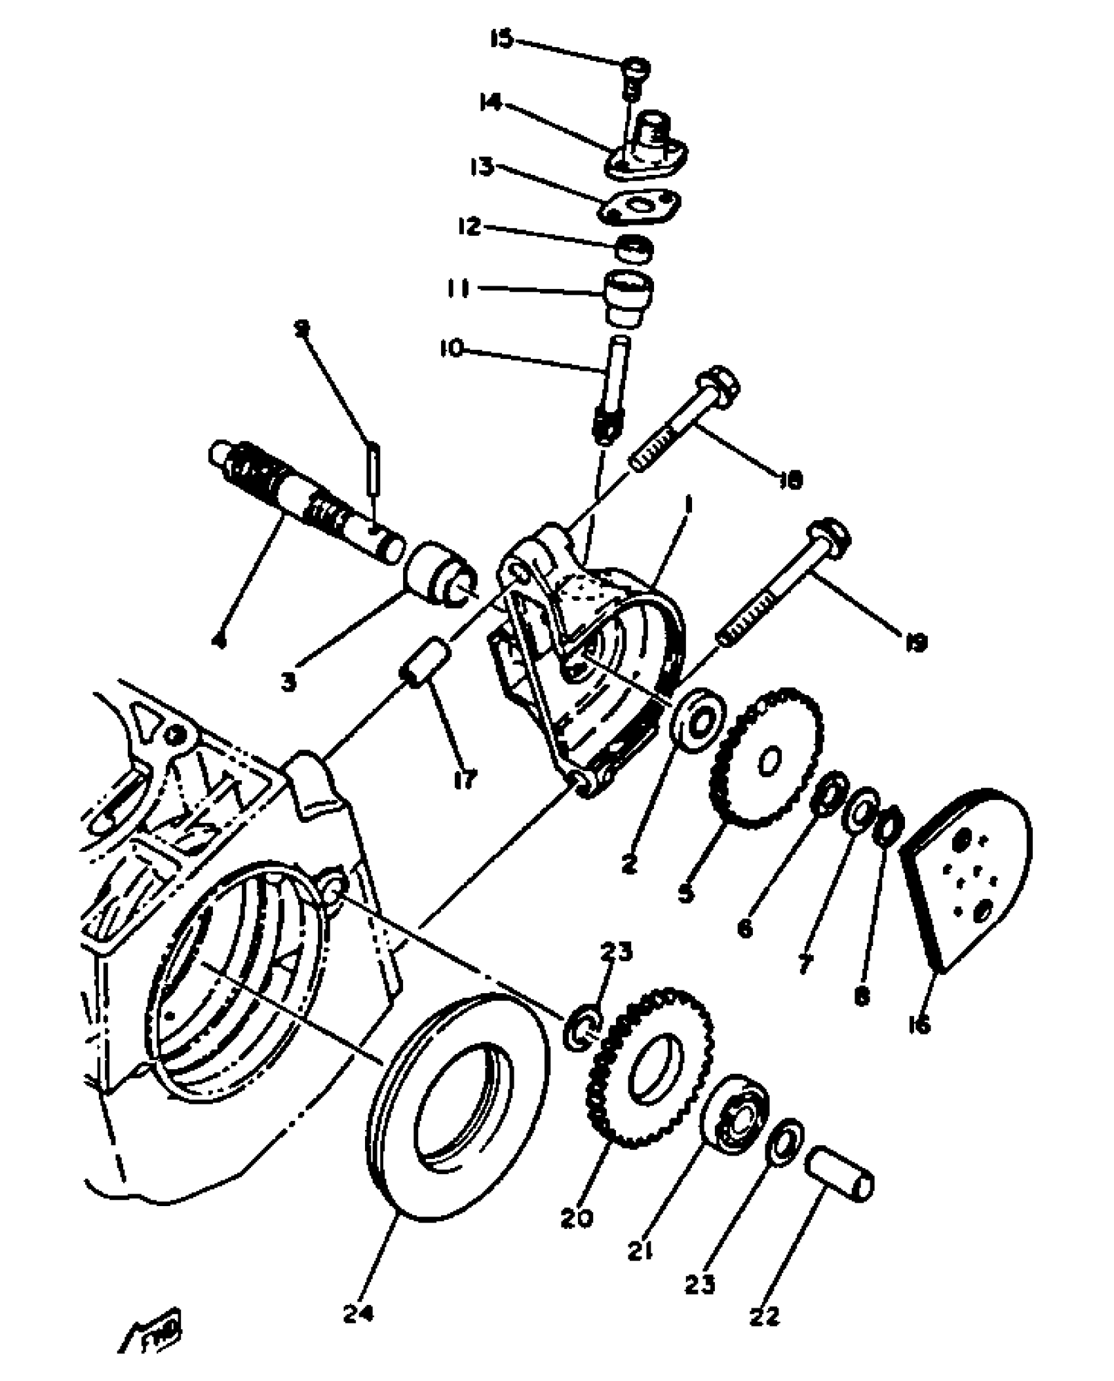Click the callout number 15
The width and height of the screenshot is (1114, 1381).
point(503,40)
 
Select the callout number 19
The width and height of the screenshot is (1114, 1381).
point(916,643)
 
